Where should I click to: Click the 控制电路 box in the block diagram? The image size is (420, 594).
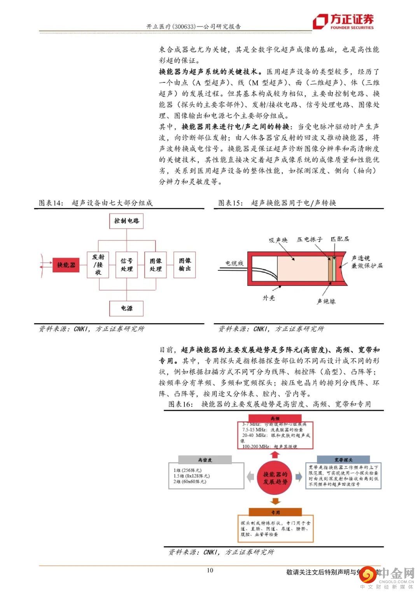pyautogui.click(x=126, y=221)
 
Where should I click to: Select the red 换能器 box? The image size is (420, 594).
pyautogui.click(x=66, y=265)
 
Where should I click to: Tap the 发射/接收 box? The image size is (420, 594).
pyautogui.click(x=98, y=265)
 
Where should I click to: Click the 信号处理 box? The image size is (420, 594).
pyautogui.click(x=126, y=265)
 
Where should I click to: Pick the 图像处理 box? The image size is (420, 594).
pyautogui.click(x=156, y=265)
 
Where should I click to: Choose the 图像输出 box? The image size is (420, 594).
pyautogui.click(x=185, y=265)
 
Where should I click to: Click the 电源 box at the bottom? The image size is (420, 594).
pyautogui.click(x=126, y=308)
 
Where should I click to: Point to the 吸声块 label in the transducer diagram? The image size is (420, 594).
pyautogui.click(x=278, y=240)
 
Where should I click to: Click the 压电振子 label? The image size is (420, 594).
pyautogui.click(x=310, y=239)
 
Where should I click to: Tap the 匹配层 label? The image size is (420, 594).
pyautogui.click(x=340, y=239)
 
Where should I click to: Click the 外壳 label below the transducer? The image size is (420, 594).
pyautogui.click(x=269, y=298)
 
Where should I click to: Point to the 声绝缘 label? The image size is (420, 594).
pyautogui.click(x=326, y=301)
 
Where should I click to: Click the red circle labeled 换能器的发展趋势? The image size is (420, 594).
pyautogui.click(x=275, y=478)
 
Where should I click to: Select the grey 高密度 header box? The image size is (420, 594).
pyautogui.click(x=205, y=460)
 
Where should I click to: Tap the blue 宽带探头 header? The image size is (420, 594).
pyautogui.click(x=343, y=460)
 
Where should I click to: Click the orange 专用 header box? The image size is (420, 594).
pyautogui.click(x=275, y=512)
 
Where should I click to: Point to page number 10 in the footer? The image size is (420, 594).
pyautogui.click(x=210, y=570)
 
